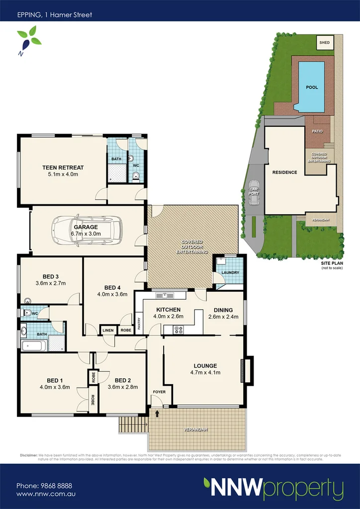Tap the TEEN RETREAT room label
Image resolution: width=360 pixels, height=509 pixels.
click(x=63, y=168)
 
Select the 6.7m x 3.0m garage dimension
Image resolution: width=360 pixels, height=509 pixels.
click(x=86, y=234)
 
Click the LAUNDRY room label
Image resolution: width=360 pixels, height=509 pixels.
click(x=230, y=272)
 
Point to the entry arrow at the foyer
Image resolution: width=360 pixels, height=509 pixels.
click(x=158, y=413)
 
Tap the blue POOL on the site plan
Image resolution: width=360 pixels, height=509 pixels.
click(x=311, y=87)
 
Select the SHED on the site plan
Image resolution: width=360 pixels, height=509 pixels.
click(x=324, y=43)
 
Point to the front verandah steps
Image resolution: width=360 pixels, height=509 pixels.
click(x=133, y=424)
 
